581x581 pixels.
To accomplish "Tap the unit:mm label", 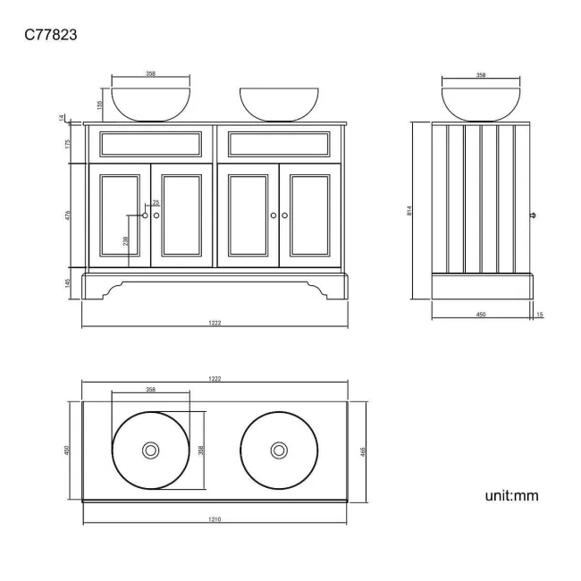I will point(510,494).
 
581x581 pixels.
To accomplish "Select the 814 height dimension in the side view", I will point(409,211).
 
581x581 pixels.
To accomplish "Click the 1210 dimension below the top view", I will point(215,519).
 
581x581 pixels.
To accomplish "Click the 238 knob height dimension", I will point(125,240).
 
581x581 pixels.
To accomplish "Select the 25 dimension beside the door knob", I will point(156,203).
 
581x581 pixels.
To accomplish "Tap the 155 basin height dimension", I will point(100,104).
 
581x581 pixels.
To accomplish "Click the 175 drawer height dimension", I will point(69,144).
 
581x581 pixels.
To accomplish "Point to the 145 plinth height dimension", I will point(69,283).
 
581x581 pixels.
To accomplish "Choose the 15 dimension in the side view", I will point(540,315).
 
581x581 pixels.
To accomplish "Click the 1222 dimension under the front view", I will point(215,323).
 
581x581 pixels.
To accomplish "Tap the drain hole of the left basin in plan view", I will point(151,450).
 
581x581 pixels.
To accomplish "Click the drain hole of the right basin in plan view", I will point(279,450).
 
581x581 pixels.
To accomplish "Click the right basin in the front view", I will point(279,104).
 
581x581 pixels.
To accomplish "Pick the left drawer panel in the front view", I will point(150,144).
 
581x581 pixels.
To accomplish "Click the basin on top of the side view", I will point(480,104).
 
